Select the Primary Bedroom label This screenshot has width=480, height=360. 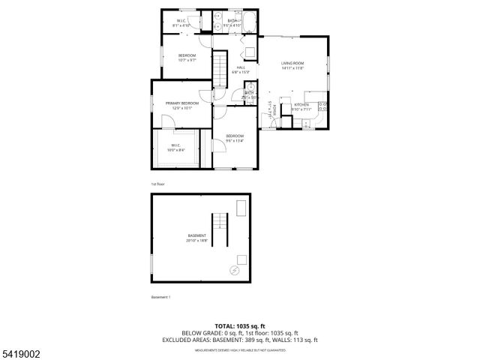(182, 103)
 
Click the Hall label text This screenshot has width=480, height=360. (241, 68)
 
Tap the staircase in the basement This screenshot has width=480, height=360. (219, 229)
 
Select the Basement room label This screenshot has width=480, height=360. (197, 237)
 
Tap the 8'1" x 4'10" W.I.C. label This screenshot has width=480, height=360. (182, 22)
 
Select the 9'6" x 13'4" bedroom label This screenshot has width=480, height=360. (235, 137)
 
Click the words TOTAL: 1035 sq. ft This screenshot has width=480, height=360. (239, 325)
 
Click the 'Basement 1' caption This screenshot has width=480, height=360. (160, 298)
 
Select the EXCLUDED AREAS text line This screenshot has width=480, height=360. (239, 339)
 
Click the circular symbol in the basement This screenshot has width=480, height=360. (233, 268)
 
